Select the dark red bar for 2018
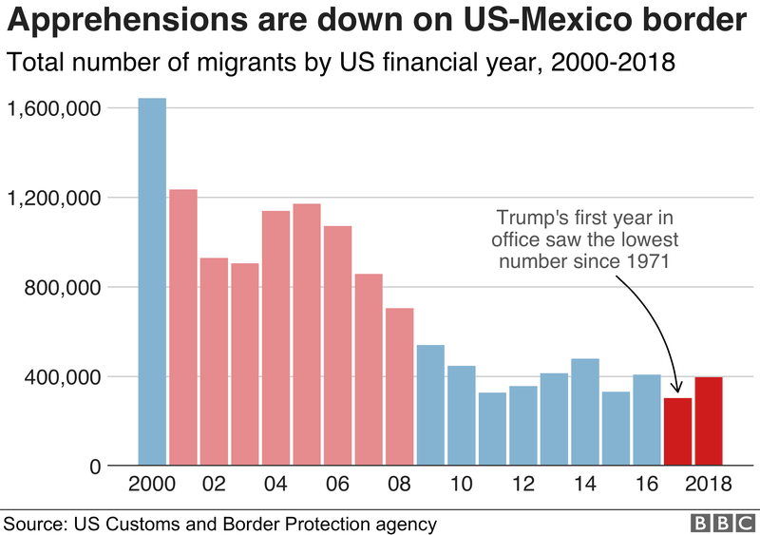click(708, 422)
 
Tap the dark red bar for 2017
click(677, 432)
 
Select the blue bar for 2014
click(585, 412)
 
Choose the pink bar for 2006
click(337, 346)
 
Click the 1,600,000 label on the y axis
click(54, 108)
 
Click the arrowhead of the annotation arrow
click(674, 388)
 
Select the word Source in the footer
click(31, 523)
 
